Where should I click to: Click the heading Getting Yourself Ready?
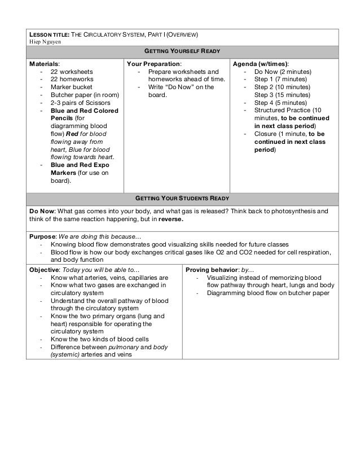[x=179, y=51]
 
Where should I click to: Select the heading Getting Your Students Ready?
[x=179, y=199]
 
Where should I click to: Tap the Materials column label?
[x=44, y=64]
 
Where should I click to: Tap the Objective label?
[x=45, y=270]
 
